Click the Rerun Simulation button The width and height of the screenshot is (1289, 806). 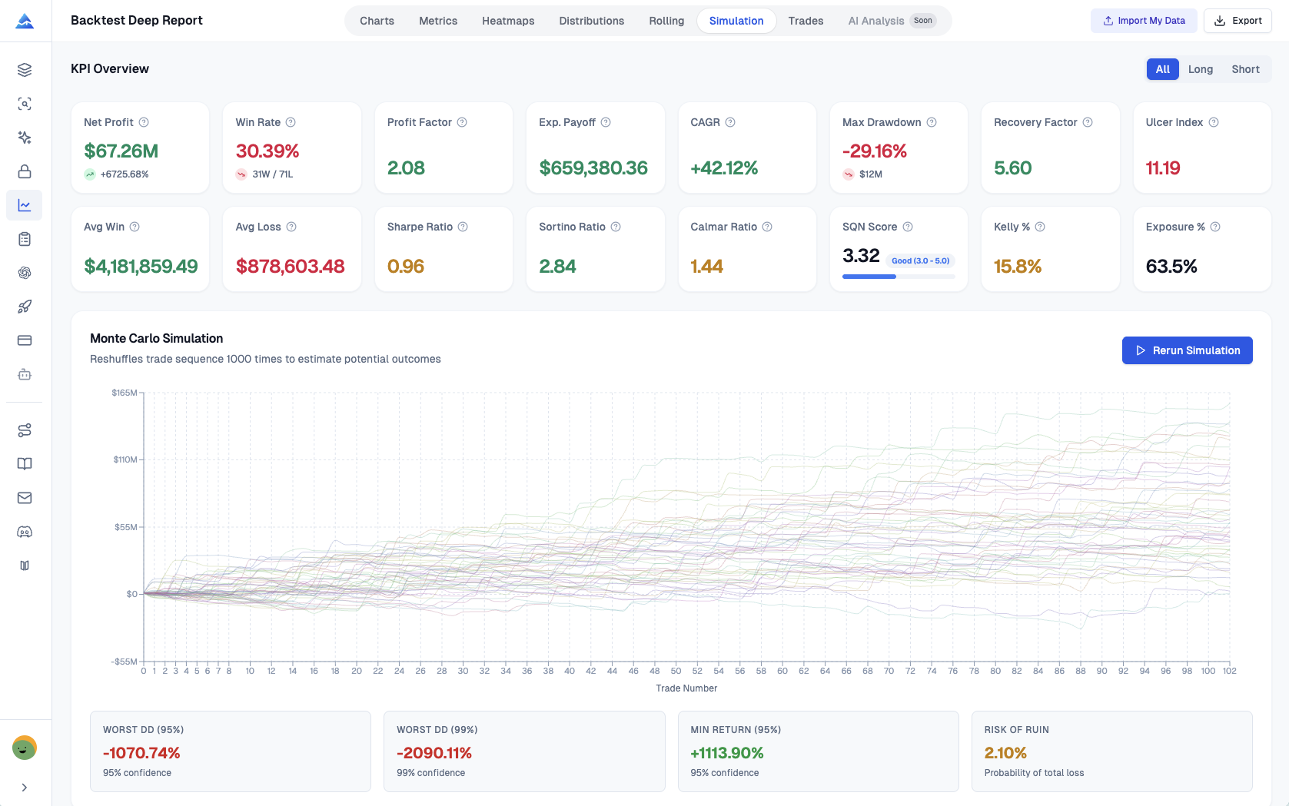[x=1187, y=350]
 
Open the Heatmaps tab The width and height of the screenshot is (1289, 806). [x=507, y=21]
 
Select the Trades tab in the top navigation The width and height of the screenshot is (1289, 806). [x=805, y=21]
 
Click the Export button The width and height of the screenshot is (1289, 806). [x=1238, y=21]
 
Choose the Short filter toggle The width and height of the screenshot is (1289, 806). [x=1244, y=69]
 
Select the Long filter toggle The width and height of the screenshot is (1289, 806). [x=1200, y=69]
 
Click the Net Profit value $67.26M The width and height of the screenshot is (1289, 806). [x=121, y=151]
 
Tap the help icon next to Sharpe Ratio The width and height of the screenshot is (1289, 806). [x=463, y=227]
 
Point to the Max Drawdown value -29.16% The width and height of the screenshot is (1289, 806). [x=874, y=151]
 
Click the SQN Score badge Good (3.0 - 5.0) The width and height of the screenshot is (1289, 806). [x=920, y=260]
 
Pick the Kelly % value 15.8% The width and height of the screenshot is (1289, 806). [x=1017, y=267]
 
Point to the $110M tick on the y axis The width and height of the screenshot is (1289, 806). [x=125, y=459]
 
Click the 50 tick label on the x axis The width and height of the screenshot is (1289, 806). [x=676, y=671]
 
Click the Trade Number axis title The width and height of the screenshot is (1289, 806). [x=686, y=688]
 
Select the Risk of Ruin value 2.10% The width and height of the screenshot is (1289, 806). [x=1005, y=753]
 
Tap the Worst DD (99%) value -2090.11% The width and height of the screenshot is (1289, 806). [x=434, y=753]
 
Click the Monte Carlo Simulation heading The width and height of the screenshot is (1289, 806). [x=156, y=338]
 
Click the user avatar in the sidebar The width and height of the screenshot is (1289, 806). [x=25, y=748]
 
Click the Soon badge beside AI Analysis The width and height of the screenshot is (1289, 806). [x=922, y=21]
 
